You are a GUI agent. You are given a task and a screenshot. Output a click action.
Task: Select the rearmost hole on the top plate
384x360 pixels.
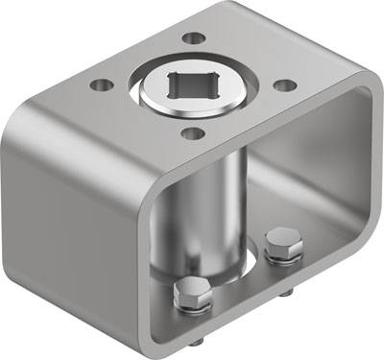[195, 39]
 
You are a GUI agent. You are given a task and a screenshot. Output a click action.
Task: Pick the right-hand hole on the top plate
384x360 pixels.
[284, 84]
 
